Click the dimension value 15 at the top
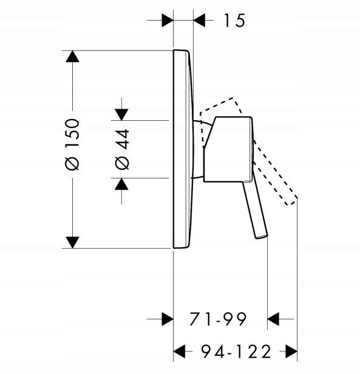point(234,21)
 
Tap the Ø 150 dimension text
point(72,144)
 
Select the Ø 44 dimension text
point(122,149)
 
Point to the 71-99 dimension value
point(218,319)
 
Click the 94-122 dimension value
point(236,352)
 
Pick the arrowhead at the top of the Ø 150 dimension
point(72,56)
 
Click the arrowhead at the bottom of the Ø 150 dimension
point(72,243)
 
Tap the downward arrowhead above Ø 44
point(121,115)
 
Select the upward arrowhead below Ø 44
point(121,184)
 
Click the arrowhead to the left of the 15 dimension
point(168,20)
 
